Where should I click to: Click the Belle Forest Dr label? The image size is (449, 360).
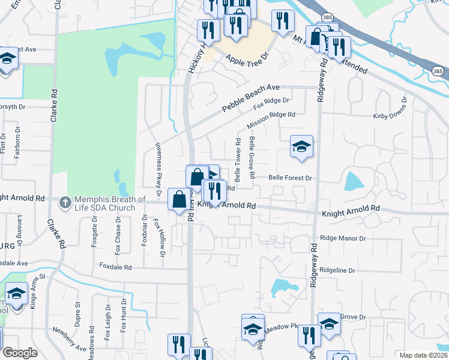[x=291, y=178]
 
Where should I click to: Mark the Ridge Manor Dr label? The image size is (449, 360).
[x=343, y=238]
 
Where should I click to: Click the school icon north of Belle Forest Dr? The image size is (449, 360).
[x=301, y=146]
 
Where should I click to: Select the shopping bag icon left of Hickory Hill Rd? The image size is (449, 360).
[x=179, y=200]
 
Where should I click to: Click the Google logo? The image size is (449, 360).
[x=20, y=353]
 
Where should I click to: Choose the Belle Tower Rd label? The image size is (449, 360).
[x=238, y=160]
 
